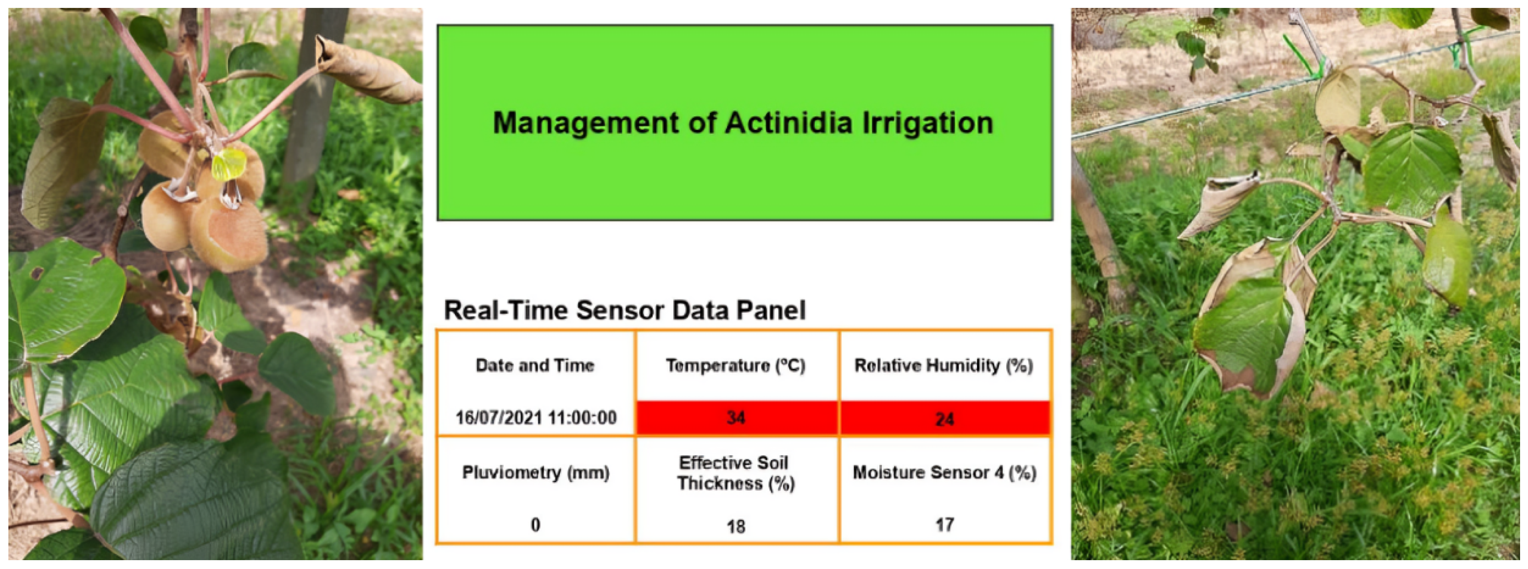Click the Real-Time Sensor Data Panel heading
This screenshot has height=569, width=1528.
625,310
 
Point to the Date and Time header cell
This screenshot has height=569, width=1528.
535,365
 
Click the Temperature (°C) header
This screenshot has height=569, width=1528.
736,366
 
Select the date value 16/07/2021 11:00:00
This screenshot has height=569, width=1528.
536,417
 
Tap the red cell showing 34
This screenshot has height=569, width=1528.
736,418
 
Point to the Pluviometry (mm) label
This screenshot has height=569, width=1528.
536,473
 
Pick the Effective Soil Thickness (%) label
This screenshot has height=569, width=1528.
736,473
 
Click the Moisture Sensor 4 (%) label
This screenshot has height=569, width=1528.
944,473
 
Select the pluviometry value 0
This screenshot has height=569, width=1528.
535,525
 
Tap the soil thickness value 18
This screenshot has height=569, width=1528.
736,526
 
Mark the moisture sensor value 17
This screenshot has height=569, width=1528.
944,525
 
